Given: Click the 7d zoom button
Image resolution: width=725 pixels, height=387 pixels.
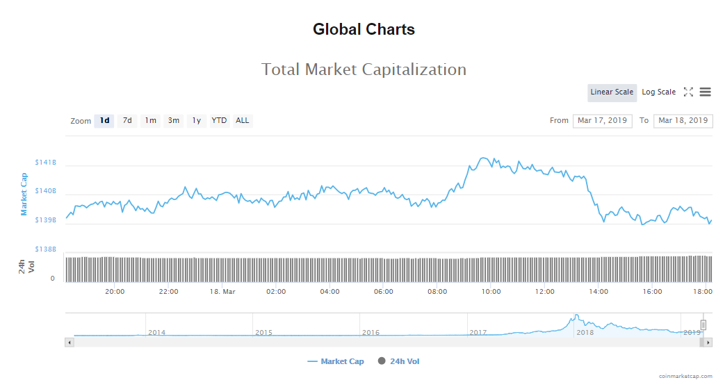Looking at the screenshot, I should pos(127,121).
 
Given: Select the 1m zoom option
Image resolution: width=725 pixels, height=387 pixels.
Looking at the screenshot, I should pos(150,121).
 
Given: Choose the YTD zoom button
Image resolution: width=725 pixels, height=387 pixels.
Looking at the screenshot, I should pos(219,121).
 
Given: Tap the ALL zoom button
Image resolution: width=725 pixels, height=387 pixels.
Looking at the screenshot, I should pos(242,121).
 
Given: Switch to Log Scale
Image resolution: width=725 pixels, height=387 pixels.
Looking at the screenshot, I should pos(658,92).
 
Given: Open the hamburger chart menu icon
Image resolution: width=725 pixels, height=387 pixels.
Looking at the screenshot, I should pos(705,92).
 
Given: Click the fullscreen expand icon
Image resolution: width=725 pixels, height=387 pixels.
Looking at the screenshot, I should pos(688,92).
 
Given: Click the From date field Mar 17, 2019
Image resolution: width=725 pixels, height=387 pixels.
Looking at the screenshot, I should pos(602,121).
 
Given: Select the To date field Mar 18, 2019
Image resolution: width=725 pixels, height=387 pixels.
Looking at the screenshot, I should pos(683,121).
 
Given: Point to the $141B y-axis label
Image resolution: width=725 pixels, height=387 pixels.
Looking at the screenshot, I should pos(46,163).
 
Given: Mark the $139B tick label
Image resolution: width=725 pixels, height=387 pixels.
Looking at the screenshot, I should pos(46,220).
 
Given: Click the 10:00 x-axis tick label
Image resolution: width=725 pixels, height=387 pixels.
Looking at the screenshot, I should pos(491,292).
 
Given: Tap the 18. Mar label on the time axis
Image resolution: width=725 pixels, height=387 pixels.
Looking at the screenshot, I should pos(222,292).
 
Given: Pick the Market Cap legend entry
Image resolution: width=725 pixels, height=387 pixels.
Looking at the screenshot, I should pos(336,361).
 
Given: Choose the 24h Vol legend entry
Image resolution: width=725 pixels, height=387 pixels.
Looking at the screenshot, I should pos(399,361).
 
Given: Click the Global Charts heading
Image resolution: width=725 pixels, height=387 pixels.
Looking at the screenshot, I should pos(364,30).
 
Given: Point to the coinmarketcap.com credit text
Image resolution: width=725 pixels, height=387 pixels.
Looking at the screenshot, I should pos(685,376).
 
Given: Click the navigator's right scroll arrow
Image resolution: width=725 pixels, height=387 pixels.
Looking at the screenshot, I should pos(708,342).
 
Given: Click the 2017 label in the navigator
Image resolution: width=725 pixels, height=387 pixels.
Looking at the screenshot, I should pos(478,333).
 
